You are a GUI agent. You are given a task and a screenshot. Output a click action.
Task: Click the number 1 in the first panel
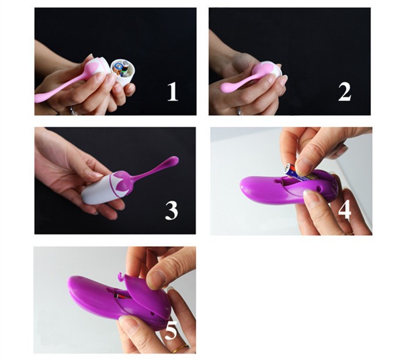coord(172,92)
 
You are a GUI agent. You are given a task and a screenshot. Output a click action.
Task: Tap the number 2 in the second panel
coord(345,92)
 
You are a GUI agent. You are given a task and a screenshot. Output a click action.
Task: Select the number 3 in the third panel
coord(171,210)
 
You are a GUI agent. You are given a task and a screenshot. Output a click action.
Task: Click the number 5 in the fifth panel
coord(171,330)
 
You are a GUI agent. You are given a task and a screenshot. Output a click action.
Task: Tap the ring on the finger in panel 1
coord(72,110)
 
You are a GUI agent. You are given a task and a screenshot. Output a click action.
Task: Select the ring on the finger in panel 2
coord(239,111)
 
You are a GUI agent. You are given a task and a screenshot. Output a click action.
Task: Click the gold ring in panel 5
coord(181,348)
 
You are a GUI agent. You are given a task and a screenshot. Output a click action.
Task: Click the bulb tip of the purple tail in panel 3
coord(173,161)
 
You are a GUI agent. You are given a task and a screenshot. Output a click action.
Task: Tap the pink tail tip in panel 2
coord(227,87)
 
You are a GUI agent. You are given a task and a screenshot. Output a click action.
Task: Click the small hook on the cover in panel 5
coord(120,277)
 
